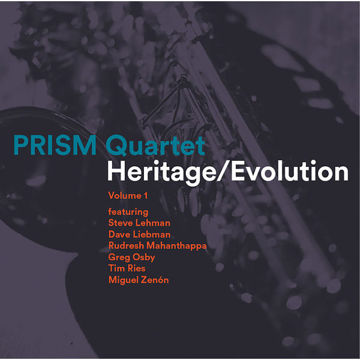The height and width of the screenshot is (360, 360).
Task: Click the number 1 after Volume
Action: tap(145, 196)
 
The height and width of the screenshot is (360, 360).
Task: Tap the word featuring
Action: tap(128, 212)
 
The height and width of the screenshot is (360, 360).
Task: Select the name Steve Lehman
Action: tap(139, 223)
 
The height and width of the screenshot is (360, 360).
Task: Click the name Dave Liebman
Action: tap(139, 235)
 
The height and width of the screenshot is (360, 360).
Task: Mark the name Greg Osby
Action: tap(132, 257)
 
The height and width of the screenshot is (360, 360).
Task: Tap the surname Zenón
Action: tap(154, 280)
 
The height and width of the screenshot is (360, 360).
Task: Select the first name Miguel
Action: tap(123, 280)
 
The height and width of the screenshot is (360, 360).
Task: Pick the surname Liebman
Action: tap(151, 235)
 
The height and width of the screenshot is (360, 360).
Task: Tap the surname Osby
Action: tap(144, 257)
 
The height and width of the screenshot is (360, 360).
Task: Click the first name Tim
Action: tap(116, 269)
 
